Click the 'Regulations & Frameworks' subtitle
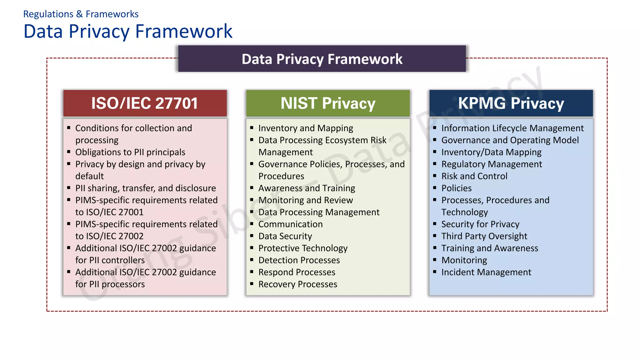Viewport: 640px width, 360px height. click(x=81, y=14)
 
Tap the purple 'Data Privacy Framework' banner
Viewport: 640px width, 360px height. click(x=322, y=59)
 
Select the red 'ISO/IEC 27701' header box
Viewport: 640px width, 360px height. click(x=145, y=103)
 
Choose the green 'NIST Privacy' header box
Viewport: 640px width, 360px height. click(x=328, y=103)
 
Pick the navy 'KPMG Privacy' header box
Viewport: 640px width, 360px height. click(x=511, y=103)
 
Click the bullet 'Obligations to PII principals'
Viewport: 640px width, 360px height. click(x=130, y=152)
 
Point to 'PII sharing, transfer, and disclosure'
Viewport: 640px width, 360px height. click(x=145, y=188)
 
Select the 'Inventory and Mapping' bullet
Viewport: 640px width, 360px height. click(x=306, y=128)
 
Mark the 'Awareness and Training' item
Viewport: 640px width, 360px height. click(x=307, y=188)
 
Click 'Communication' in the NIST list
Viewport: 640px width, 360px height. click(x=290, y=224)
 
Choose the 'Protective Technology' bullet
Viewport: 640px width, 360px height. click(x=303, y=248)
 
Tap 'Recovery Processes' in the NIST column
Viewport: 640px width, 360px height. click(x=297, y=284)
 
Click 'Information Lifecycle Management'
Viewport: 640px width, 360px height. click(x=512, y=128)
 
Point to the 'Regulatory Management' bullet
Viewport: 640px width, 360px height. click(x=492, y=164)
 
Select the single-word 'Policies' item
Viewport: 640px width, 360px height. click(x=456, y=188)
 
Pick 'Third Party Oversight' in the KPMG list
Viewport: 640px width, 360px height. click(x=484, y=236)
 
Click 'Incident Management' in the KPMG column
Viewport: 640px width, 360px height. click(x=486, y=272)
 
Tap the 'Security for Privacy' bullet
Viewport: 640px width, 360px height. click(x=480, y=224)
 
